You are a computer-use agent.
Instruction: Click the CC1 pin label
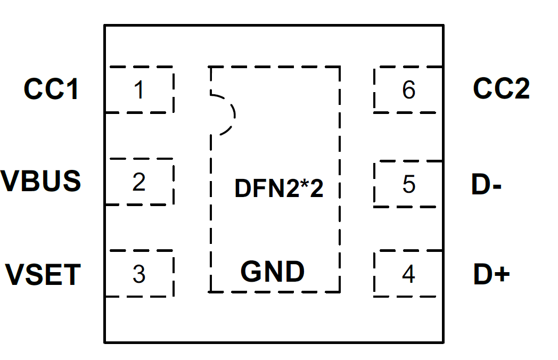pyautogui.click(x=52, y=89)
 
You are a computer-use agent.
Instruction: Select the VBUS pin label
pyautogui.click(x=41, y=181)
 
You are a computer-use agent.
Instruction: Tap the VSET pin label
pyautogui.click(x=43, y=275)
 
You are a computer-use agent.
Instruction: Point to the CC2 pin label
pyautogui.click(x=501, y=89)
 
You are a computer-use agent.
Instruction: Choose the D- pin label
pyautogui.click(x=486, y=184)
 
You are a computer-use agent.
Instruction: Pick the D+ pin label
pyautogui.click(x=491, y=275)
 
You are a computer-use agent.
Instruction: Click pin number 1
pyautogui.click(x=139, y=90)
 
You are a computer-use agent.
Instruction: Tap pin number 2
pyautogui.click(x=139, y=183)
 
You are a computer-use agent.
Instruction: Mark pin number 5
pyautogui.click(x=408, y=184)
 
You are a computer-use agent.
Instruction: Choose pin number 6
pyautogui.click(x=408, y=90)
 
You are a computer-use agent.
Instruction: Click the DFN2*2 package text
pyautogui.click(x=278, y=189)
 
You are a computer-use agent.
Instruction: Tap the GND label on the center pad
pyautogui.click(x=273, y=272)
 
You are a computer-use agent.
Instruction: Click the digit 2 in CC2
pyautogui.click(x=519, y=89)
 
